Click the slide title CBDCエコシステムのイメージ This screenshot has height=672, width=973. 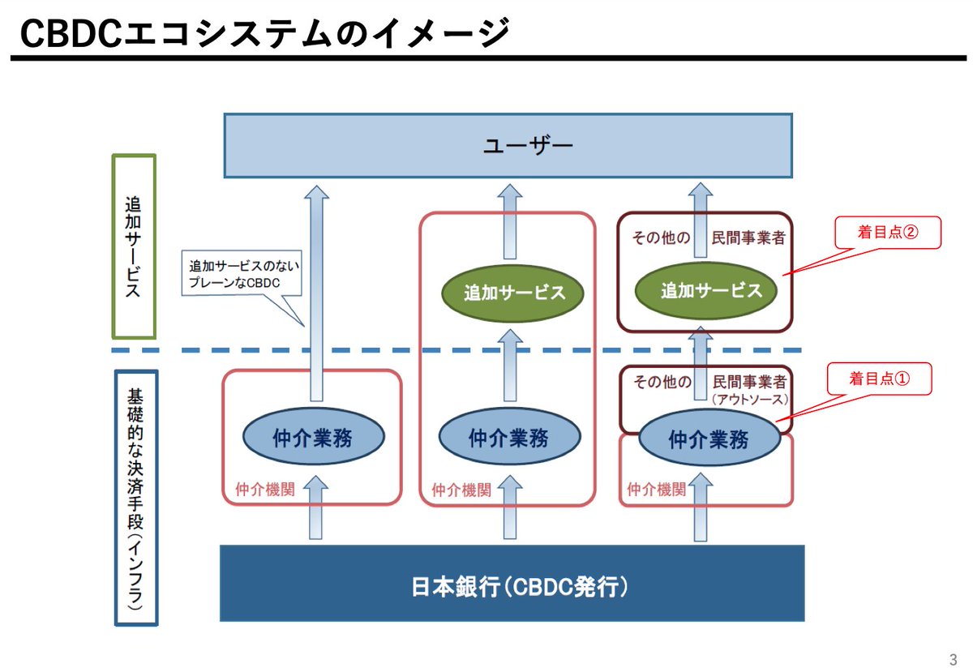tap(264, 33)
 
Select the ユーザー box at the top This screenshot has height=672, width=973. tap(508, 145)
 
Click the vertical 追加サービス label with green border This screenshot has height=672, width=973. tap(134, 246)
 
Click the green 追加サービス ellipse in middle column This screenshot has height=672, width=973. tap(514, 293)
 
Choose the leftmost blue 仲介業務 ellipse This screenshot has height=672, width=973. tap(313, 438)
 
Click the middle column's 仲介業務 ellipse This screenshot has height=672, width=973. tap(509, 438)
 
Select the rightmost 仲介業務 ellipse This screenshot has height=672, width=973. tap(709, 439)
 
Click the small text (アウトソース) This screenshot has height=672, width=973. tap(748, 399)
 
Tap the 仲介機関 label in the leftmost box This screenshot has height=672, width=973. tap(253, 489)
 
